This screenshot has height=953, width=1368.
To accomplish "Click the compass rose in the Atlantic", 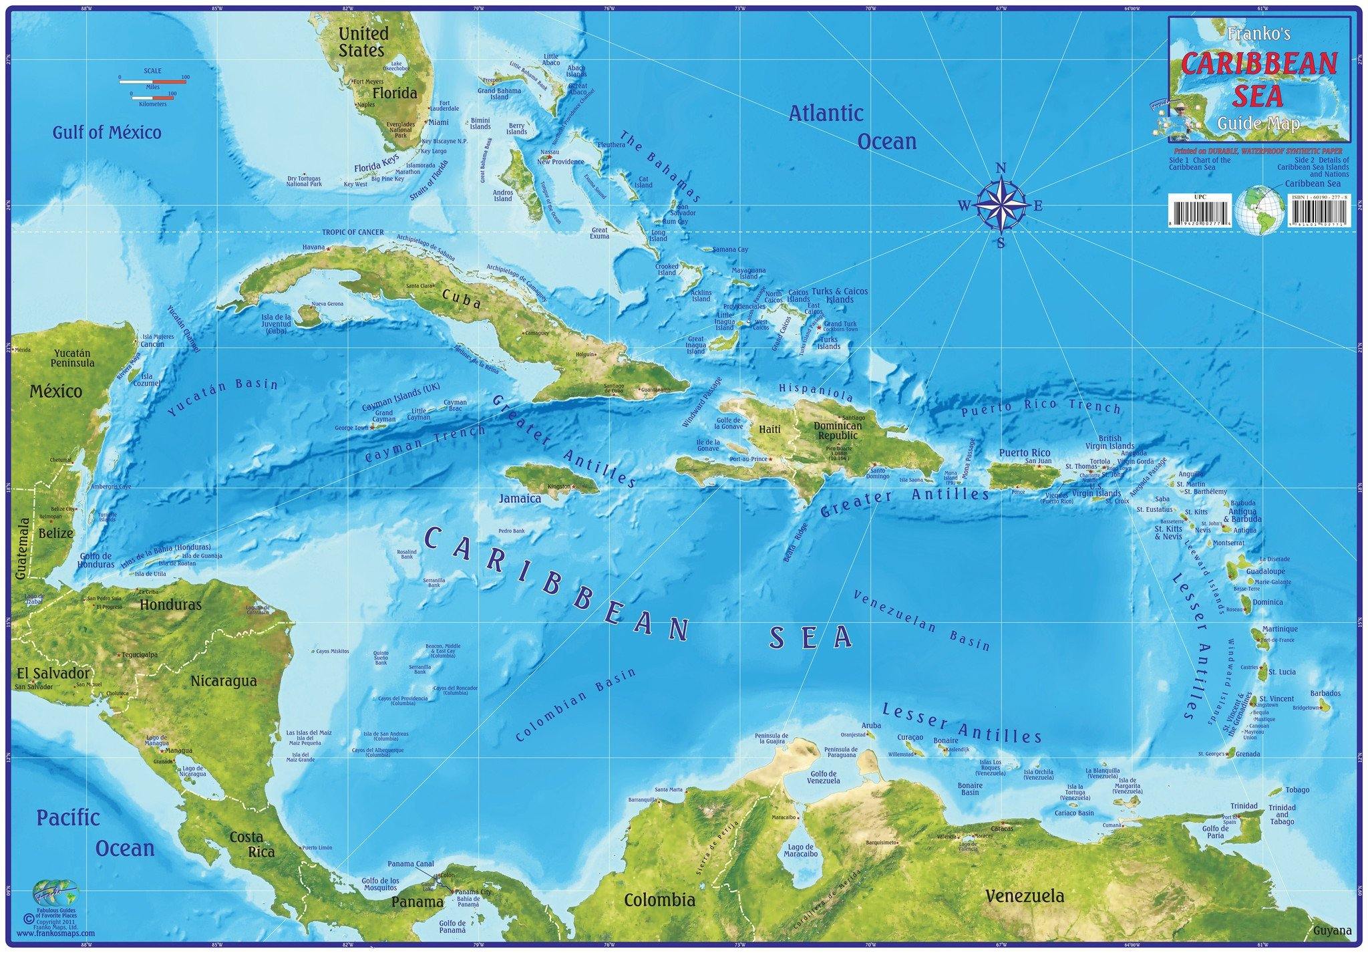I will (x=1001, y=206).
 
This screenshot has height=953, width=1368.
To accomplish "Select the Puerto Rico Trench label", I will (x=1041, y=408).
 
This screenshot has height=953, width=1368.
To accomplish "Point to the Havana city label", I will (x=313, y=247).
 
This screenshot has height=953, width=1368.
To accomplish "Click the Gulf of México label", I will (x=107, y=132).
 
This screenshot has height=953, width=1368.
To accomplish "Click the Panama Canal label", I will (x=415, y=864).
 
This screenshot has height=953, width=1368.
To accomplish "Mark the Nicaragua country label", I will (x=224, y=682).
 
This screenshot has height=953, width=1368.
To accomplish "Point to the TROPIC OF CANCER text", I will (x=353, y=233).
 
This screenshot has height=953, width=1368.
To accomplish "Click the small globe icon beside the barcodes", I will (x=1258, y=209).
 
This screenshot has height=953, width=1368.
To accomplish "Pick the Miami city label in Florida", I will (x=438, y=122).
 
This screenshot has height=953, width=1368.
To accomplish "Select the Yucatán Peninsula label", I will (x=73, y=358).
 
